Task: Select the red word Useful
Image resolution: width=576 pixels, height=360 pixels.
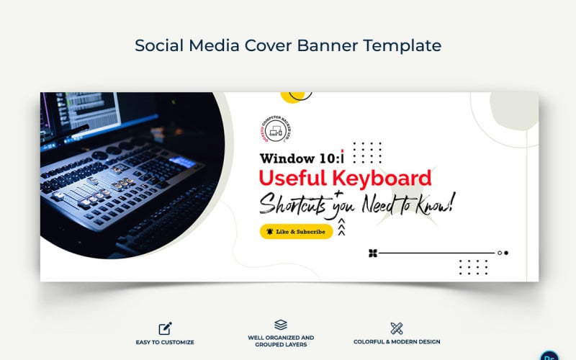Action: click(292, 178)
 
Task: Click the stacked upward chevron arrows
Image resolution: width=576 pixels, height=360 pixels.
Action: click(341, 228)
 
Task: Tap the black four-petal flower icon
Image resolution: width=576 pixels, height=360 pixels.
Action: click(372, 253)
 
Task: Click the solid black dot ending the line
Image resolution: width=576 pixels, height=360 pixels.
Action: click(506, 253)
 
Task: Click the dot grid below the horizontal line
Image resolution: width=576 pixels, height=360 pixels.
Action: click(473, 266)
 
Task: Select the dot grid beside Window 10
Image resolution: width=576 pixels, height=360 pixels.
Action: click(367, 152)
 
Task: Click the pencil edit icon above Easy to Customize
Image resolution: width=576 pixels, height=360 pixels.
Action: click(166, 328)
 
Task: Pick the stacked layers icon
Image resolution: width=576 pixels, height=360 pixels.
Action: click(281, 325)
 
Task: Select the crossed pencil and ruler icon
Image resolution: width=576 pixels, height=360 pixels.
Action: click(397, 328)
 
